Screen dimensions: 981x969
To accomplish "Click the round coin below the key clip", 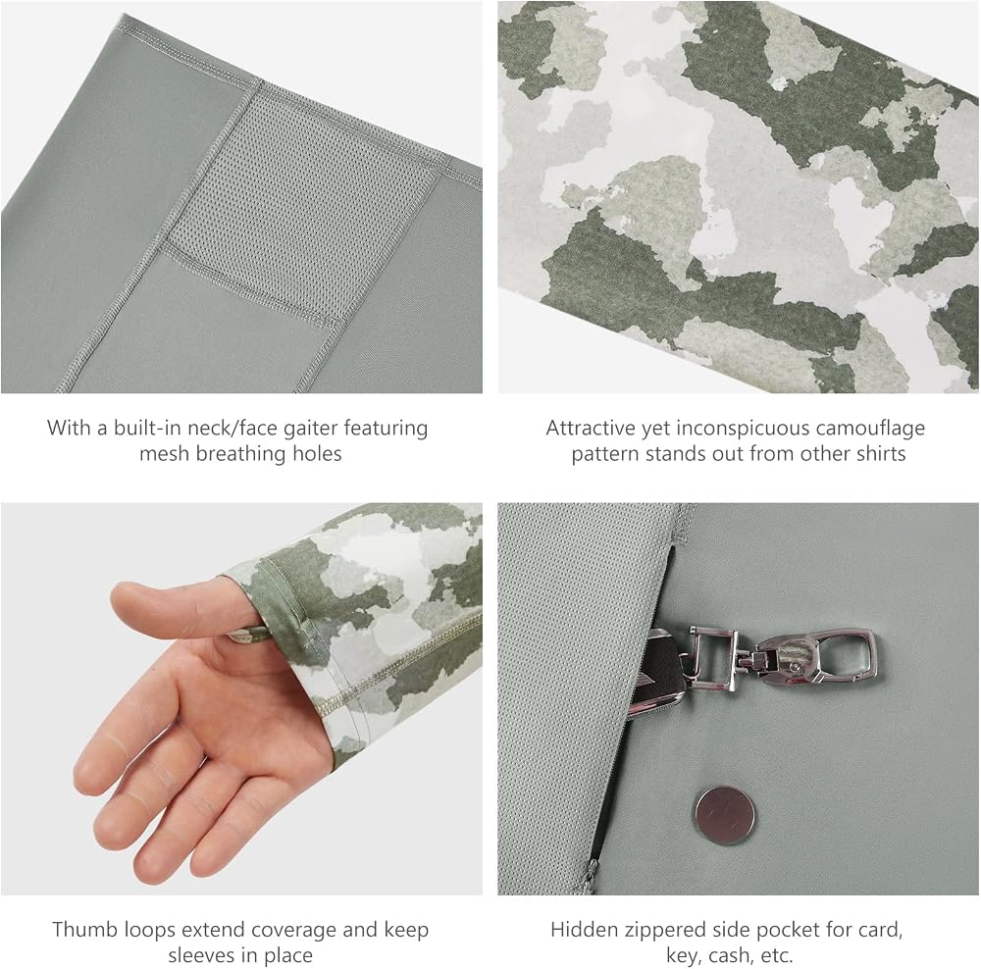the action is pos(724,816).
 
